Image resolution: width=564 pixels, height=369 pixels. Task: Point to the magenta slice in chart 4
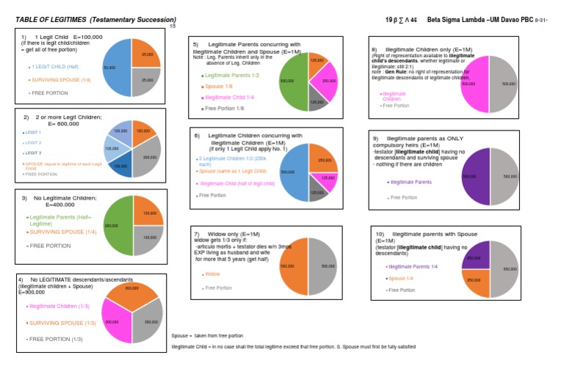point(115,321)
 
